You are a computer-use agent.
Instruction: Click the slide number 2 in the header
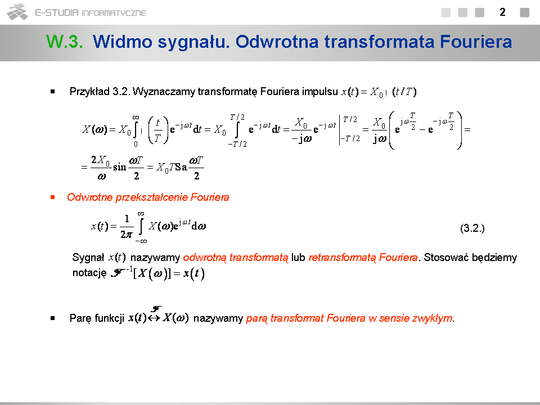502,12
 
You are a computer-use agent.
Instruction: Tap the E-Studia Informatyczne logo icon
17,12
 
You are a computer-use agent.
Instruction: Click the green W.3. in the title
65,42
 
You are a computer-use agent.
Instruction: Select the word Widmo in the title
122,42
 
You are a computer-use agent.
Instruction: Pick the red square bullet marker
53,197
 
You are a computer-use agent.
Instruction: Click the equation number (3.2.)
472,228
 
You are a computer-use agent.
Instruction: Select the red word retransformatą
343,258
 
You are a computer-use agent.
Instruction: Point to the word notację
89,273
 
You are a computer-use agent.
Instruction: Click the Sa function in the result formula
181,168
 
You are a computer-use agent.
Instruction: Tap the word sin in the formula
120,168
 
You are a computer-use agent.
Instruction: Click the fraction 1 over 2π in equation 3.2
127,227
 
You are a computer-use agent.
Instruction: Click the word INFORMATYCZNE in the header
114,13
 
